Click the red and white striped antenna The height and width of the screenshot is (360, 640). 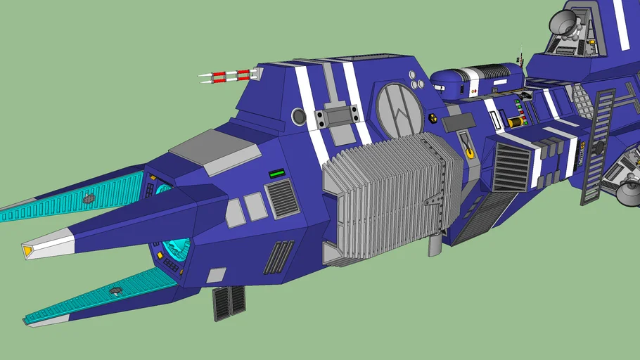pyautogui.click(x=226, y=76)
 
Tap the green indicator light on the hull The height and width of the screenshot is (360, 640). pyautogui.click(x=276, y=173)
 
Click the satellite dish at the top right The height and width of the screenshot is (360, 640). pyautogui.click(x=564, y=22)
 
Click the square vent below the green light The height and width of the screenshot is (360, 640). pyautogui.click(x=283, y=198)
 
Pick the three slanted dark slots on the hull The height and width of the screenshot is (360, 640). pyautogui.click(x=279, y=257)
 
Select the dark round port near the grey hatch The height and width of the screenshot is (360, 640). pyautogui.click(x=299, y=116)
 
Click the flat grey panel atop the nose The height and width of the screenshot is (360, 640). pyautogui.click(x=214, y=150)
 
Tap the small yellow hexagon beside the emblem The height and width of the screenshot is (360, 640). pyautogui.click(x=432, y=119)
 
